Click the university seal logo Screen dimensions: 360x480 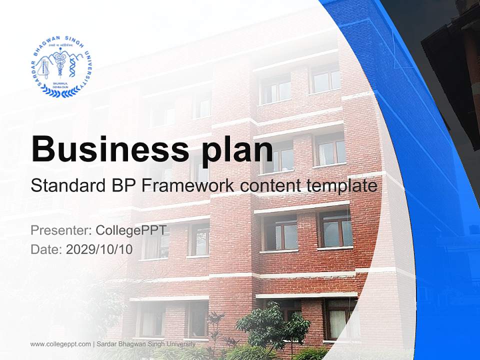coord(62,66)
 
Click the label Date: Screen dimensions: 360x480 coord(46,249)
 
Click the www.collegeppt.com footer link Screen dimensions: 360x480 coord(60,344)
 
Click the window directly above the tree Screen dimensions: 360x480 coord(280,233)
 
